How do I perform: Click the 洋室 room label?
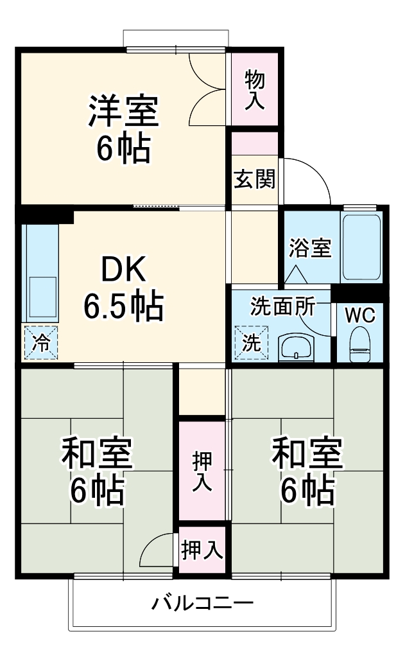point(123,112)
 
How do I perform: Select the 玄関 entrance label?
point(254,180)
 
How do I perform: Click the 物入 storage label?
point(255,90)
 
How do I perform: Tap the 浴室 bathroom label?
point(310,248)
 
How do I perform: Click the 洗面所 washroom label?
point(282,306)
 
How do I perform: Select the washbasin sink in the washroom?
point(296,349)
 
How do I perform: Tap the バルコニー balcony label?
point(202,603)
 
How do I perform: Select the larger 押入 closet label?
point(203,471)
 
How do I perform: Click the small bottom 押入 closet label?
point(202,550)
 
